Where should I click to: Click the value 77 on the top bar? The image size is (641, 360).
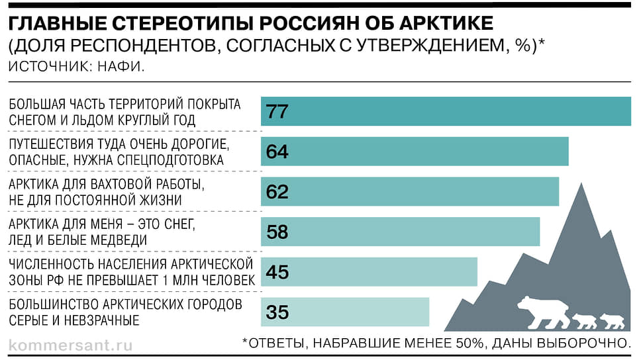[277, 111]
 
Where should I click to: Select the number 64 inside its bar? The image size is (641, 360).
[277, 152]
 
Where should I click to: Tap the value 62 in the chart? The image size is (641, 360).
[277, 192]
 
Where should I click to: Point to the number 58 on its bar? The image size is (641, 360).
[277, 232]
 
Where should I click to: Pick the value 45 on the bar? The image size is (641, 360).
[277, 272]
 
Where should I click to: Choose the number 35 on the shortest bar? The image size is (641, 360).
[277, 312]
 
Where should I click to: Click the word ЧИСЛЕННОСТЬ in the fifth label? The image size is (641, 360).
[50, 265]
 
